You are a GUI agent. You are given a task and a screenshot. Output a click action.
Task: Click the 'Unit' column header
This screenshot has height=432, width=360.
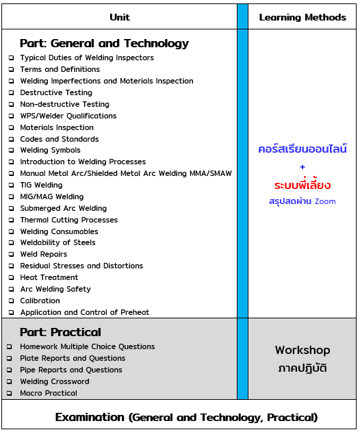pos(119,17)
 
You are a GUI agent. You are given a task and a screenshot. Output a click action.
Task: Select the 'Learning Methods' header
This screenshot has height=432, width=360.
pos(303,17)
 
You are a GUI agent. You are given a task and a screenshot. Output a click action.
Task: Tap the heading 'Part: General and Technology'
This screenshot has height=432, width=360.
pos(104,43)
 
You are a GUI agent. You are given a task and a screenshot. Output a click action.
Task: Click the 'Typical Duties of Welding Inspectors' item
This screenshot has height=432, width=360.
pos(87,58)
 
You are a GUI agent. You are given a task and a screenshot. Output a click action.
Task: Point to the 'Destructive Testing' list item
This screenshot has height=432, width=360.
pos(56,92)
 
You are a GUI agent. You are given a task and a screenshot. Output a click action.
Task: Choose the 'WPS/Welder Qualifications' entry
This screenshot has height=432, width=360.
pos(68,116)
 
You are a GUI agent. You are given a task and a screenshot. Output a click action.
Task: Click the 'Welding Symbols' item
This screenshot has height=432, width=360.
pos(50,150)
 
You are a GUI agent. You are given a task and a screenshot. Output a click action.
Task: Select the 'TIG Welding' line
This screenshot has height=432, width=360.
pos(41,185)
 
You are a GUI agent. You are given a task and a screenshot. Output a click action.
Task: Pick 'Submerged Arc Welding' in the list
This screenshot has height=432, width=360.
pos(63,208)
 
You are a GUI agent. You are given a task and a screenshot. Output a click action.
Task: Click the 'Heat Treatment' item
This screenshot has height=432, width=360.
pos(49,277)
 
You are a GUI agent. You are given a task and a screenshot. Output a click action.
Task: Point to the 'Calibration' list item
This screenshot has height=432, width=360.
pos(40,301)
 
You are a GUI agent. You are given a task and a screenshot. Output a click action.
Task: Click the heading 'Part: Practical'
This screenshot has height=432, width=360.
pos(60,332)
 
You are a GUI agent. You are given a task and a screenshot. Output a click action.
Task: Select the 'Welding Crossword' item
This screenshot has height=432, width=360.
pos(55,381)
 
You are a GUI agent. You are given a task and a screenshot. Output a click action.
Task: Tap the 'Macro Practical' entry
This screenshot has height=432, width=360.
pos(49,393)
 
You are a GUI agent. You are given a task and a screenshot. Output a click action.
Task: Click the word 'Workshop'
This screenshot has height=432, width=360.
pos(303,350)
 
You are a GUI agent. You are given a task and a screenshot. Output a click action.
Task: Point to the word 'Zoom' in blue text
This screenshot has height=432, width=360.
pos(325,201)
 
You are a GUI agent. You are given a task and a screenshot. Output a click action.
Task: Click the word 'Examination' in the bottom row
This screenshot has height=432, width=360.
pos(90,417)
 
